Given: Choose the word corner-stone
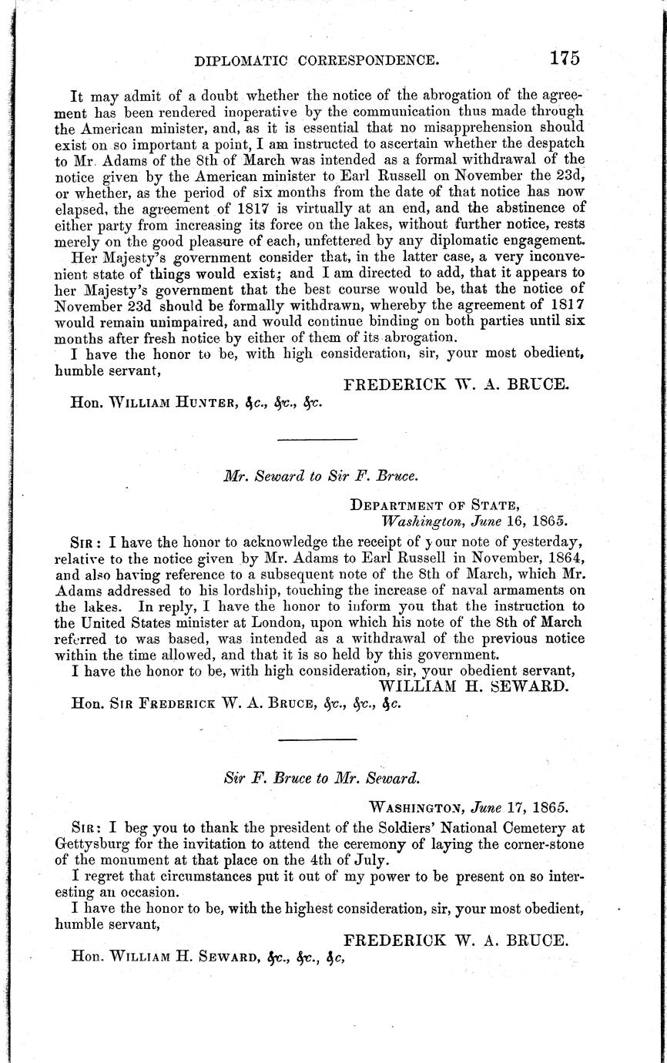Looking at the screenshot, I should click(x=544, y=843).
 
